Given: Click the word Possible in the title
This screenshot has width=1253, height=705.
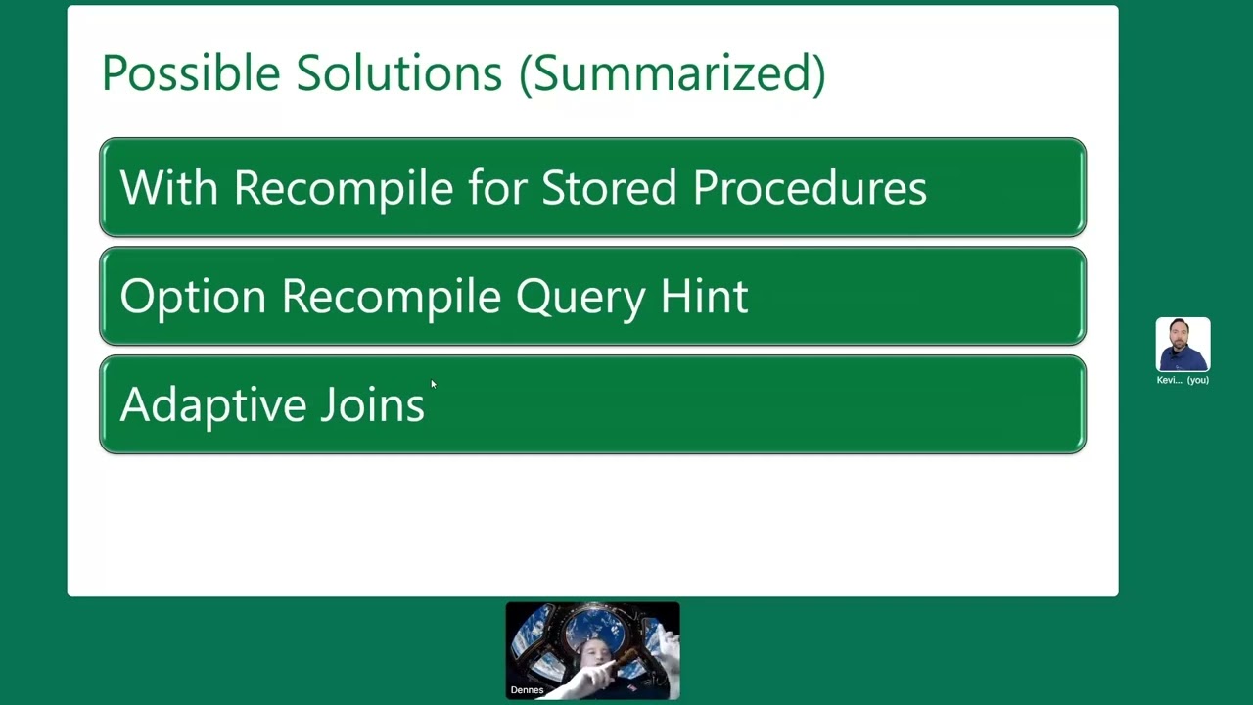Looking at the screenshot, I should click(x=190, y=73).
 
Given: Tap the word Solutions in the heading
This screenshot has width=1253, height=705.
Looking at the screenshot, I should click(x=399, y=73).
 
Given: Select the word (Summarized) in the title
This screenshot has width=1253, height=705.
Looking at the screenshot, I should click(x=672, y=74).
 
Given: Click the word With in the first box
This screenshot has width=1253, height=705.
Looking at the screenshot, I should click(x=168, y=187).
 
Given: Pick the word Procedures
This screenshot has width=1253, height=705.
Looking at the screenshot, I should click(x=810, y=187).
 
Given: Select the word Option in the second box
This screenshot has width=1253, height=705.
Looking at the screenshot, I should click(x=192, y=297).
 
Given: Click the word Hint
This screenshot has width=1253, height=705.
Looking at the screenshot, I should click(x=704, y=296).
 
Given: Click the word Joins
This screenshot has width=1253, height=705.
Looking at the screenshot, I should click(x=372, y=404).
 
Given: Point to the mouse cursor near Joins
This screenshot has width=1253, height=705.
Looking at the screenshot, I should click(x=433, y=384).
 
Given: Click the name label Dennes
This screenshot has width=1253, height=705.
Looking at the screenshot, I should click(x=527, y=690).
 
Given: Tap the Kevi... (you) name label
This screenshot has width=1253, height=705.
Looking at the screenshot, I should click(x=1183, y=380).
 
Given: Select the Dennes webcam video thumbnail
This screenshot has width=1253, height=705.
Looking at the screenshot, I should click(x=592, y=650).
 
